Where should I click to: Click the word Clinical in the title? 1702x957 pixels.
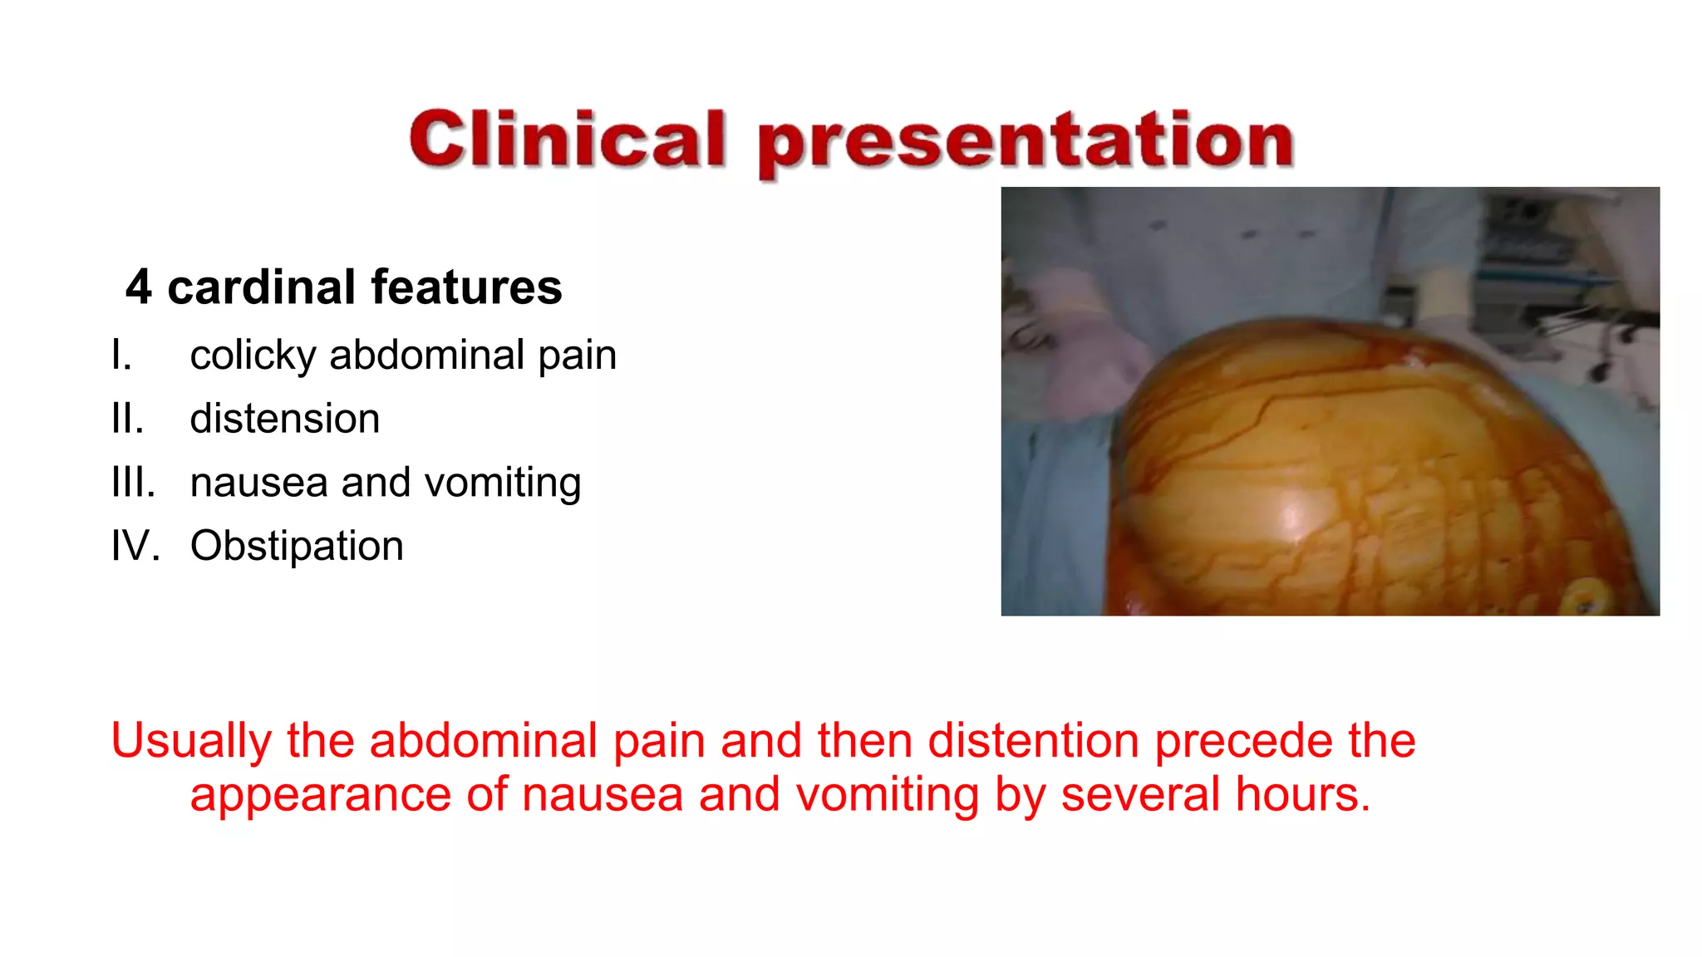[x=568, y=139]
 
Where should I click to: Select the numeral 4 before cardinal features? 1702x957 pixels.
[x=139, y=287]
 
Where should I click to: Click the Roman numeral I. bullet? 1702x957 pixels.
[x=121, y=356]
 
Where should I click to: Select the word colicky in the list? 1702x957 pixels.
[x=253, y=356]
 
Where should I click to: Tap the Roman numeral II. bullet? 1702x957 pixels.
[x=127, y=419]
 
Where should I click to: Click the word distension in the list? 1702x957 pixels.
[x=284, y=419]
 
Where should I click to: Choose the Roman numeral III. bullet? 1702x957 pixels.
[x=133, y=483]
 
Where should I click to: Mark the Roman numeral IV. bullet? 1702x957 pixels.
[x=135, y=547]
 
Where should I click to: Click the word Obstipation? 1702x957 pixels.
[x=297, y=547]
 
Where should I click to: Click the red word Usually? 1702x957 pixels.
[x=191, y=741]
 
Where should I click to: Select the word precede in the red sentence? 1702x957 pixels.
[x=1243, y=740]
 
